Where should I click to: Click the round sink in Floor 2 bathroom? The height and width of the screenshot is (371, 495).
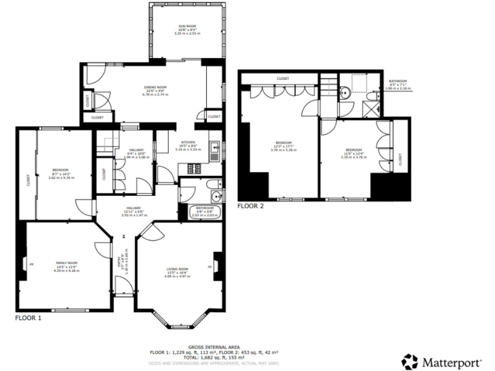point(345,91)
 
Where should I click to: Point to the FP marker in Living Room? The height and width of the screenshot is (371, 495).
point(209,266)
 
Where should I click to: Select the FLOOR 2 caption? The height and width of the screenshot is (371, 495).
point(251,206)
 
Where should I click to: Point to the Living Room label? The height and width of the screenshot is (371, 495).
point(176,269)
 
